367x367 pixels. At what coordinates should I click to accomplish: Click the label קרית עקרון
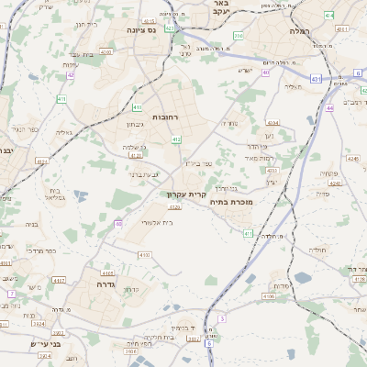pyautogui.click(x=188, y=195)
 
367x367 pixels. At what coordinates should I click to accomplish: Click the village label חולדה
pyautogui.click(x=317, y=250)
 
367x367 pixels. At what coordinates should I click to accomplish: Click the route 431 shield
pyautogui.click(x=316, y=79)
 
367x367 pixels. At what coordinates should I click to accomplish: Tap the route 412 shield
pyautogui.click(x=175, y=139)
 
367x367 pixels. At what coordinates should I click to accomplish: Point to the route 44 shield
pyautogui.click(x=328, y=107)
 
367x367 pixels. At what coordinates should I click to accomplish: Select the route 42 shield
pyautogui.click(x=70, y=75)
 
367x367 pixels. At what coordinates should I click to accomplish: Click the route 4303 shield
pyautogui.click(x=271, y=171)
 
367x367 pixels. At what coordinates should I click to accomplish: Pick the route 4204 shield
pyautogui.click(x=272, y=122)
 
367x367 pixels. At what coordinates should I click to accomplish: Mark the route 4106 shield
pyautogui.click(x=268, y=296)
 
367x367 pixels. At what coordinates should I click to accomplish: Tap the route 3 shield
pyautogui.click(x=221, y=318)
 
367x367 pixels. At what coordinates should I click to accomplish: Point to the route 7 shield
pyautogui.click(x=12, y=294)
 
